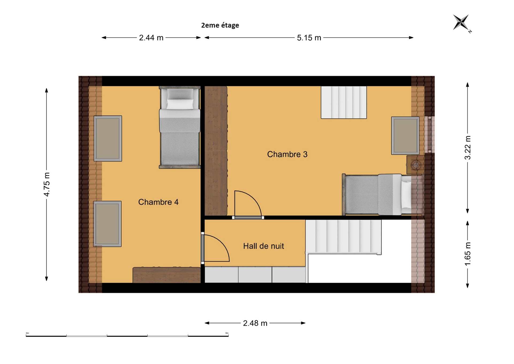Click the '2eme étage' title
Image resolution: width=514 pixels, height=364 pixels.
[220, 25]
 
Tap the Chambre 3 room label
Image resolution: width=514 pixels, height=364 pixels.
[287, 154]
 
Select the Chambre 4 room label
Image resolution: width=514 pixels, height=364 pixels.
[158, 202]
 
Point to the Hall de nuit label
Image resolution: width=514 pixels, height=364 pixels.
[263, 246]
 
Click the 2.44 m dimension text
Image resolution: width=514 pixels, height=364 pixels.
[151, 38]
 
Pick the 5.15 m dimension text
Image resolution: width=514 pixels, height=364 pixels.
[309, 38]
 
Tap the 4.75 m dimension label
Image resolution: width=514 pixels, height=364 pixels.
[47, 184]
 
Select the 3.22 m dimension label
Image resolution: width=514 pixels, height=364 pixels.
[467, 148]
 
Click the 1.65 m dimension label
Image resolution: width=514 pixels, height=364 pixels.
[467, 254]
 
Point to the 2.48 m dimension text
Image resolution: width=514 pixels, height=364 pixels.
[255, 323]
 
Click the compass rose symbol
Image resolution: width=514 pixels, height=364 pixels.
[461, 23]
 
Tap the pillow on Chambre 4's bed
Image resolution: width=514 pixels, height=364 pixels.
[180, 104]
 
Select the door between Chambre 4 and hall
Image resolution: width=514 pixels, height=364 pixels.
[203, 248]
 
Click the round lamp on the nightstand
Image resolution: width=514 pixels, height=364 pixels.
[416, 165]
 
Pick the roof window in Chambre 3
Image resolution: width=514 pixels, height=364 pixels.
[405, 136]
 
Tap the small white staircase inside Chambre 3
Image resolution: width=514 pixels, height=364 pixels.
[344, 102]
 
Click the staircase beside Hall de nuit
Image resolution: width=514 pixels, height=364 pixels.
[343, 237]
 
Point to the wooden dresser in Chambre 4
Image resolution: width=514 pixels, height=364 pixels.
[167, 275]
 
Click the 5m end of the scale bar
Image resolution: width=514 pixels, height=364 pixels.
[228, 336]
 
